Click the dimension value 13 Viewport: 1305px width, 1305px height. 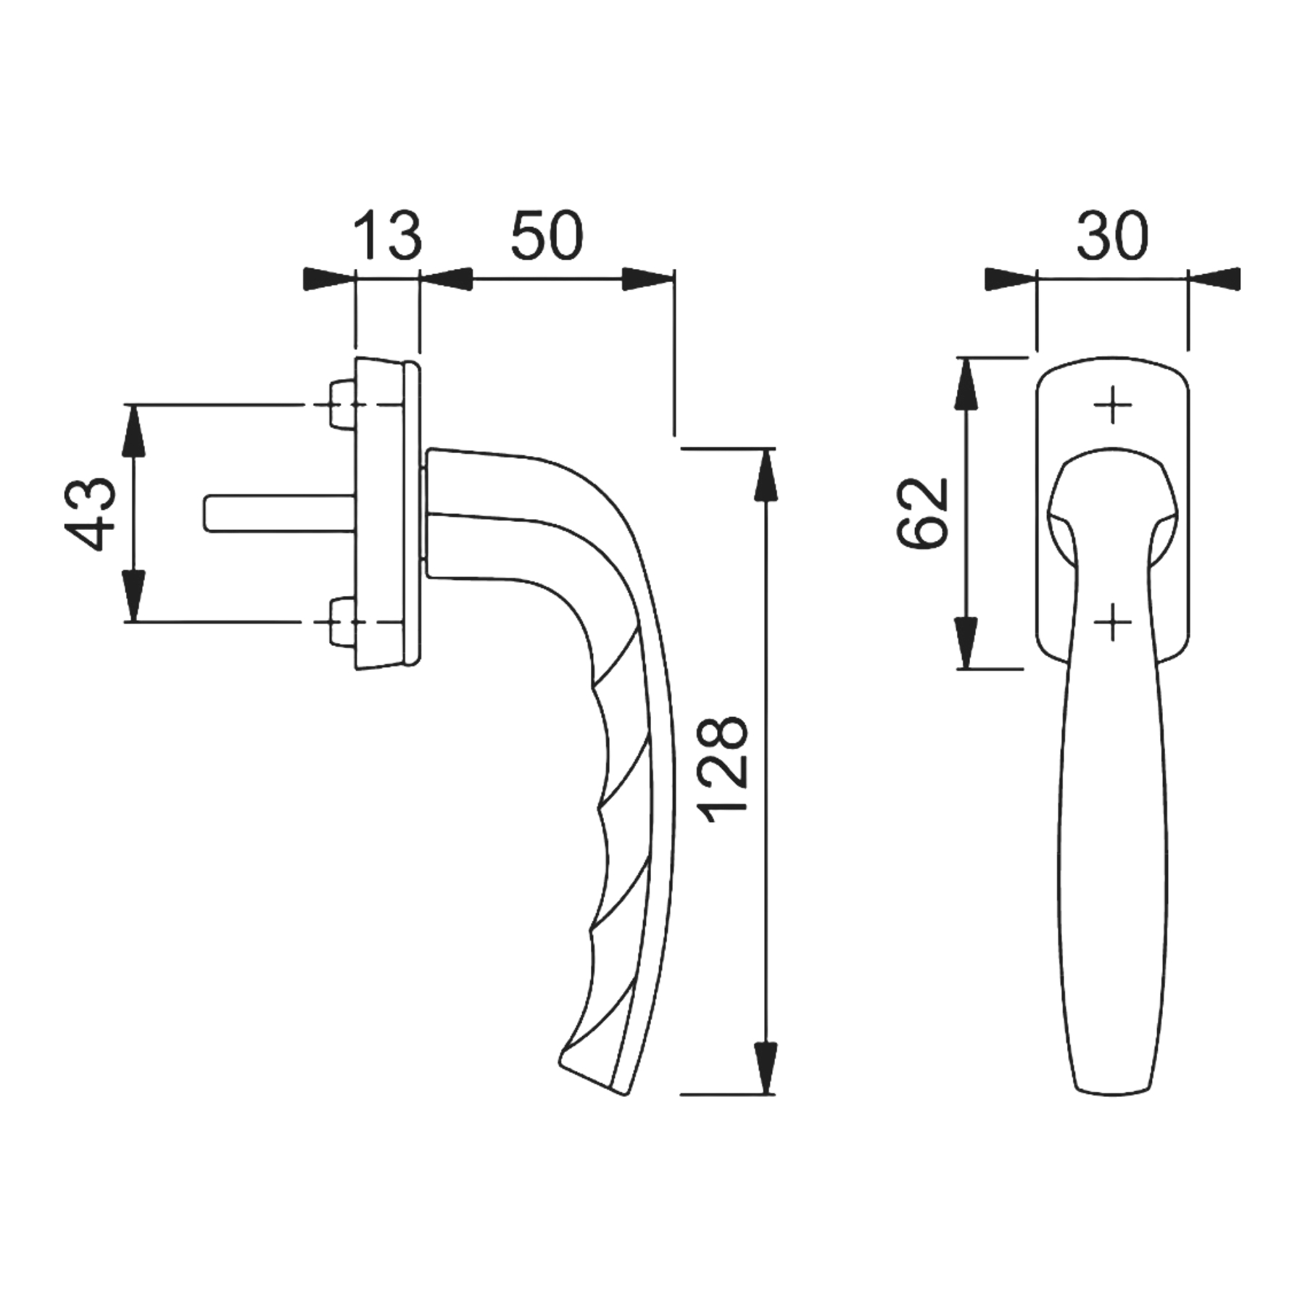[x=388, y=236]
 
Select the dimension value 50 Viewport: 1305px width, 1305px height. [x=547, y=236]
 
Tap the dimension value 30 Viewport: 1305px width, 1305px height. [x=1112, y=236]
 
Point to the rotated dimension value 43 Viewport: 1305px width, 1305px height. [x=91, y=513]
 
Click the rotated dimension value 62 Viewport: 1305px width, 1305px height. [x=923, y=512]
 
